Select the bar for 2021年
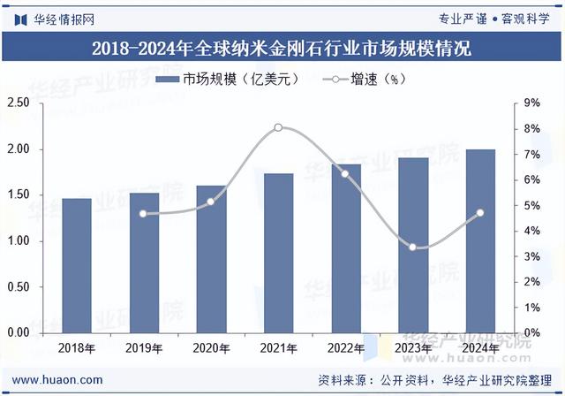click(x=279, y=253)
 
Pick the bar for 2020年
click(x=212, y=259)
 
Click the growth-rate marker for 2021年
click(x=279, y=128)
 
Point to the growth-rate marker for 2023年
click(x=413, y=247)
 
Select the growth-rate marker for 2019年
click(x=144, y=213)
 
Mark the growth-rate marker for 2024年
click(x=480, y=212)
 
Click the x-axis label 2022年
click(x=346, y=348)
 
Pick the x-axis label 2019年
click(x=144, y=348)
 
